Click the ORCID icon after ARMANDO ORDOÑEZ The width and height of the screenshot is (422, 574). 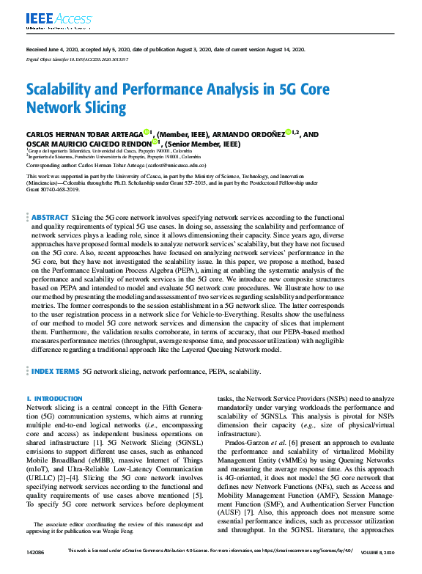(x=287, y=133)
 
